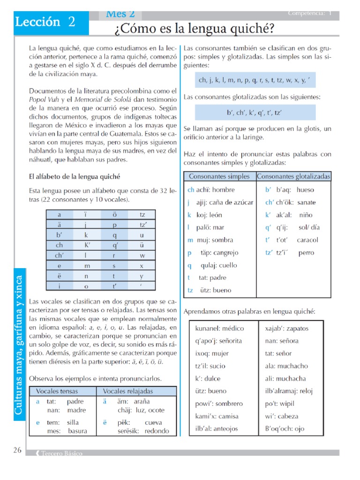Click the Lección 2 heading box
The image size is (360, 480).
tap(45, 22)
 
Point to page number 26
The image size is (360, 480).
tap(17, 450)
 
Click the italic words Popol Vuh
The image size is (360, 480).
tap(43, 100)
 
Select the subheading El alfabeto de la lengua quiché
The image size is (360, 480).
tap(75, 177)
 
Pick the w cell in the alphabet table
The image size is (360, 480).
tap(142, 255)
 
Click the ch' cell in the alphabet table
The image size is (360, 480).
tap(60, 255)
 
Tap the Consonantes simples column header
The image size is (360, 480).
tap(219, 177)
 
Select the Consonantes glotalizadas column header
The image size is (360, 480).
tap(293, 177)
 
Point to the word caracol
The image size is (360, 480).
tap(307, 240)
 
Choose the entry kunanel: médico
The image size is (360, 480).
tap(220, 329)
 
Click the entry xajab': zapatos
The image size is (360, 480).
tap(286, 329)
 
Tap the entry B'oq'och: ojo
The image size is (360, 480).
tap(285, 428)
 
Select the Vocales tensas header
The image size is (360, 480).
tap(57, 391)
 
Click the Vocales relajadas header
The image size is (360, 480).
tap(128, 391)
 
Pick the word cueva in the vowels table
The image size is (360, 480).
tap(153, 422)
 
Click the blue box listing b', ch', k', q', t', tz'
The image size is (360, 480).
tap(254, 113)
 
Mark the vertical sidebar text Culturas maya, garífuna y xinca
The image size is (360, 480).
tap(19, 345)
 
